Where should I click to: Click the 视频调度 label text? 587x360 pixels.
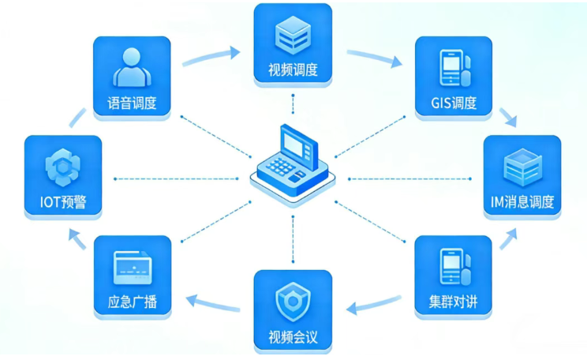pos(293,70)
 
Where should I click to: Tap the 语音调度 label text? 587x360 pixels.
pos(132,103)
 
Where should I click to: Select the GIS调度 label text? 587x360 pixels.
pos(453,103)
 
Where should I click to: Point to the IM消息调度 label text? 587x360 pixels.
pos(522,201)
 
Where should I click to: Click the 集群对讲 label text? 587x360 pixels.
pos(453,302)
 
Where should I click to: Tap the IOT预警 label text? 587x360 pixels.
pos(62,202)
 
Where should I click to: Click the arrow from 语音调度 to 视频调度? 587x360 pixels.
pos(210,57)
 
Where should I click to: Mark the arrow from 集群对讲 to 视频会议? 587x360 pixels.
pos(374,304)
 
